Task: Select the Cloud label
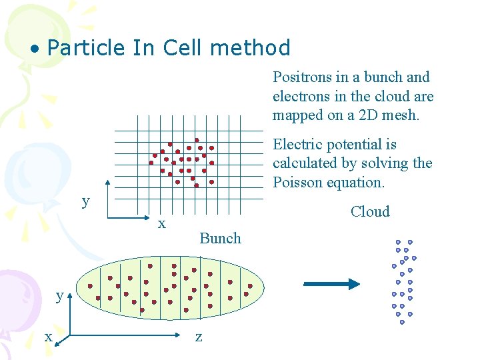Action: [x=370, y=212]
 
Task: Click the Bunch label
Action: [x=220, y=239]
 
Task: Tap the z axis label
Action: [x=198, y=337]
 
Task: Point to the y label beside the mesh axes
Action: [x=85, y=201]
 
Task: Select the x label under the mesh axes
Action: [x=161, y=224]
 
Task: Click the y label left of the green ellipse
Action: [x=59, y=295]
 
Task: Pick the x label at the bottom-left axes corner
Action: [x=48, y=337]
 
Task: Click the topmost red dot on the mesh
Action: [x=197, y=141]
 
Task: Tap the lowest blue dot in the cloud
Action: [x=402, y=322]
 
